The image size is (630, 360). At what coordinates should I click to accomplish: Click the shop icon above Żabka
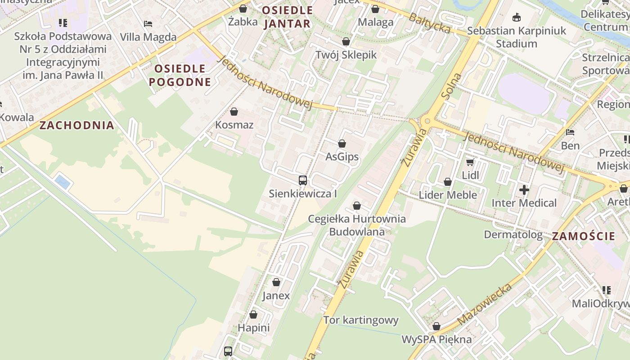243,9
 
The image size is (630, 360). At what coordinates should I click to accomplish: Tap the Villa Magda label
148,37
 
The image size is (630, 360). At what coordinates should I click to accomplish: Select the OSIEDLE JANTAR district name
287,17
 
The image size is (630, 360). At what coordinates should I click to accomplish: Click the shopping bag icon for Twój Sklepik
346,42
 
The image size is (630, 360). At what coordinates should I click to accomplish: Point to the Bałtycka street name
430,23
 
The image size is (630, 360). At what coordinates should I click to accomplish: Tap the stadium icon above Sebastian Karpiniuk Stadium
516,18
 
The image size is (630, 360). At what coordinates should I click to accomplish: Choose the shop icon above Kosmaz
234,111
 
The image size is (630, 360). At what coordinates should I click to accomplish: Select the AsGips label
342,157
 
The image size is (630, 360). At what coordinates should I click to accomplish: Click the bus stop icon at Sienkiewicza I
303,180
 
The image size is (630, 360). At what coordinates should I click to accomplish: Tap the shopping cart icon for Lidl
470,162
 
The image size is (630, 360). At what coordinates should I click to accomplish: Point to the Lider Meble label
448,195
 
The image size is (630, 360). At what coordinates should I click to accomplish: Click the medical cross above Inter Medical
524,190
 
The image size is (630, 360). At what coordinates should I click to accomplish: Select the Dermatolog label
513,234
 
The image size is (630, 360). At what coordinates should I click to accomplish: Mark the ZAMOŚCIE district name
583,236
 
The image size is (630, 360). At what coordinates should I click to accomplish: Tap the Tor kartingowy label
361,320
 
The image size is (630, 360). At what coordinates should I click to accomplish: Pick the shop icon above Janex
276,282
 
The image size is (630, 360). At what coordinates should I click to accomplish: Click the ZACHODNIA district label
76,125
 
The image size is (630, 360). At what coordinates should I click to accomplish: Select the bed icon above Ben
570,132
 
